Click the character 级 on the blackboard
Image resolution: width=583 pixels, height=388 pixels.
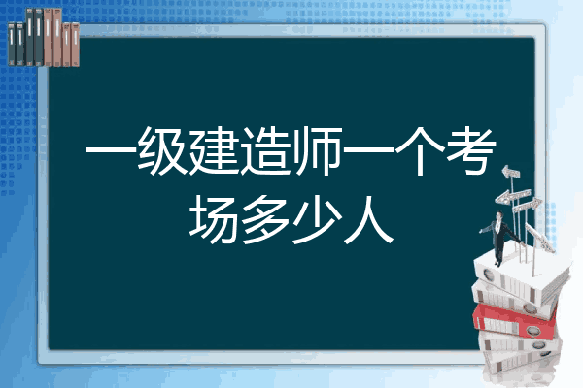point(161,150)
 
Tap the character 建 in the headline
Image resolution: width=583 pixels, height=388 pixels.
point(213,150)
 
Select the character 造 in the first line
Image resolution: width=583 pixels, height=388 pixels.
point(265,150)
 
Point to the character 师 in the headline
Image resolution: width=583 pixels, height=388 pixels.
point(317,150)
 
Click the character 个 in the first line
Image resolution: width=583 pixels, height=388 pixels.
point(420,150)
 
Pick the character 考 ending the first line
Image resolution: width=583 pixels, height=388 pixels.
point(472,150)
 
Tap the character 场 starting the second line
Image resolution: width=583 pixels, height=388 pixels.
point(214,219)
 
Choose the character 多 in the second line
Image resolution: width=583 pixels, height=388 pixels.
point(265,219)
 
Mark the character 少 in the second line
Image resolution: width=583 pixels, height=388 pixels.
point(317,219)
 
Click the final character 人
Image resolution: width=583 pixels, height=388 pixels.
point(369,219)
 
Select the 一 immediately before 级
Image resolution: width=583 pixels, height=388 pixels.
point(111,150)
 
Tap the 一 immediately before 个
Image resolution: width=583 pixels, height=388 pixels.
point(368,150)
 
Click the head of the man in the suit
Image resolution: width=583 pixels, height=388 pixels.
point(499,215)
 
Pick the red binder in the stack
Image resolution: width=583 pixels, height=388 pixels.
point(515,321)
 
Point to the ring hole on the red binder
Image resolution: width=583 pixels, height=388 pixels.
point(532,330)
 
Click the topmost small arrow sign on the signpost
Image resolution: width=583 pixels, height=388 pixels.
point(511,172)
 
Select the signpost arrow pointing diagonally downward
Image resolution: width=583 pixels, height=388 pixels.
point(540,238)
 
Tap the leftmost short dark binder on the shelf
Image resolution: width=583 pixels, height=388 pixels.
point(12,44)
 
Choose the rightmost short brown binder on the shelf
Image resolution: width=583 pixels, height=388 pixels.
point(75,45)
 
